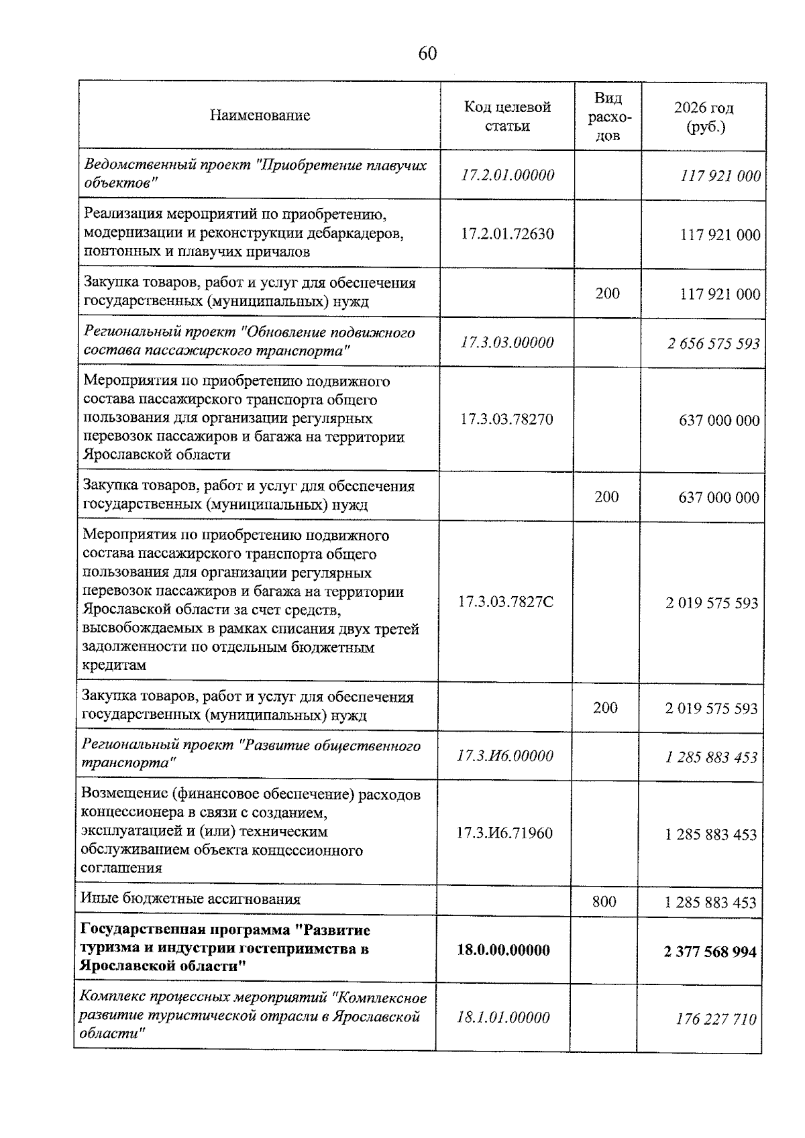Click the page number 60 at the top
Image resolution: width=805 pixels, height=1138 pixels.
coord(427,54)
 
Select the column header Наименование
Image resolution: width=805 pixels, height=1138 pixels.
coord(260,115)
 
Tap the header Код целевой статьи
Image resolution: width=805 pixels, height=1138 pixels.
coord(507,117)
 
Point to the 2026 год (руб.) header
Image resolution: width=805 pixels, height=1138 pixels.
coord(703,117)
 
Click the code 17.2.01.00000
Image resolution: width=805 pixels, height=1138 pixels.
coord(508,175)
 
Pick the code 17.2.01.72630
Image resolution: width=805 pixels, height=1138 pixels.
coord(508,234)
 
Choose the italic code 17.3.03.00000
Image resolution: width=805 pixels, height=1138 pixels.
coord(507,343)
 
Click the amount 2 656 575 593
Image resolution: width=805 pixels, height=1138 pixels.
coord(713,344)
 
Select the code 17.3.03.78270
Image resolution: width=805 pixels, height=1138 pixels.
coord(506,420)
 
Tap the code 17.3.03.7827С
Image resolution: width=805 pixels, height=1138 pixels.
coord(506,602)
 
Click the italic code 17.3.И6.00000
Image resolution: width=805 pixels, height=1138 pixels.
coord(504,756)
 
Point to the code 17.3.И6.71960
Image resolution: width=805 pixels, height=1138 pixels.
coord(504,834)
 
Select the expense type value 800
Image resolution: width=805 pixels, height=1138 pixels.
coord(604,902)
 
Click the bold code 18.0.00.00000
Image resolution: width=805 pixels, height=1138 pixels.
coord(503,950)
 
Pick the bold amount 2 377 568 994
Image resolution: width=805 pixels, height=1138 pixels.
coord(710,952)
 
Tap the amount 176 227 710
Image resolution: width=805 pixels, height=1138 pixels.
coord(716,1019)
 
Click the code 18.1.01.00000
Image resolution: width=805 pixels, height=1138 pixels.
coord(503,1017)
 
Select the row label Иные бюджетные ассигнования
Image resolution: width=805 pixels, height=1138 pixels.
coord(191,899)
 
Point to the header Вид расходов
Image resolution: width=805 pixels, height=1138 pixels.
coord(608,117)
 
